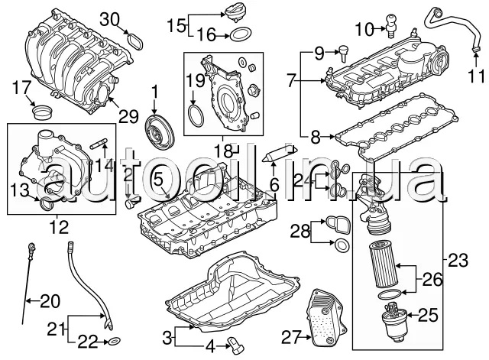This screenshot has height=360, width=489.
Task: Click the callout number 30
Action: pos(110,18)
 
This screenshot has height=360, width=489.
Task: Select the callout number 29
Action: pos(129,116)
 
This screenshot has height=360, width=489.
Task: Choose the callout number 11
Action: pos(476,76)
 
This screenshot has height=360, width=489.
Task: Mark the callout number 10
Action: pos(364,30)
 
